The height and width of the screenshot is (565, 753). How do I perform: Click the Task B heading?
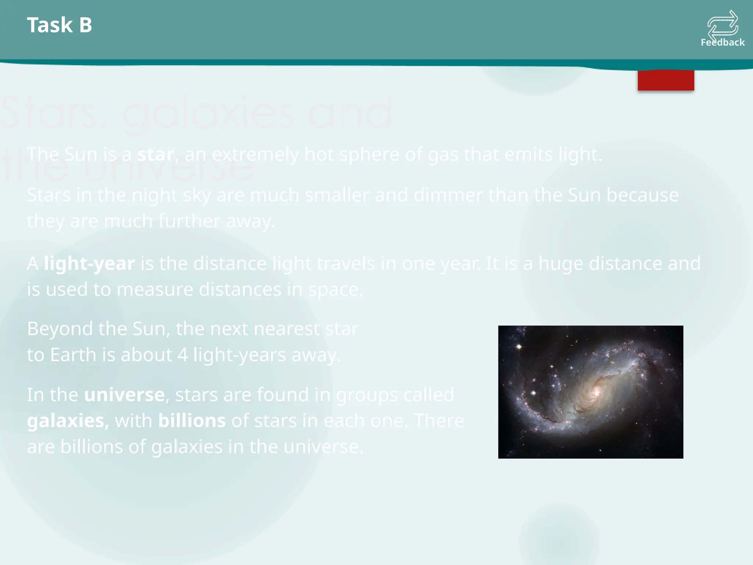[59, 25]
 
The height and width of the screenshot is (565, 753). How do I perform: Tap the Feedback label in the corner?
[722, 42]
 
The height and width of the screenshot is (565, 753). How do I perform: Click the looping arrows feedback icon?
[723, 24]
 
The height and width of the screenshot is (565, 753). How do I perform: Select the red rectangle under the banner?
[666, 80]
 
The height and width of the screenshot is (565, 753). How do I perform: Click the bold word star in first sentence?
[156, 154]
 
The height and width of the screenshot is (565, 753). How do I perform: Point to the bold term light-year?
[89, 263]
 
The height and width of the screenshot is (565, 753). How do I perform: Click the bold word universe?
[124, 395]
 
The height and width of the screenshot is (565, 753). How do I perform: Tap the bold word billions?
[192, 420]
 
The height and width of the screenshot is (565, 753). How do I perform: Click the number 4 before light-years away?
[182, 355]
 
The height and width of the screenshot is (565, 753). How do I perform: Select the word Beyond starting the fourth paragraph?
[60, 328]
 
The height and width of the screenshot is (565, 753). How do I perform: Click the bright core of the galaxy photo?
[595, 392]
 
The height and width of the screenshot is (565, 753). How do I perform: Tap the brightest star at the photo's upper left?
[519, 347]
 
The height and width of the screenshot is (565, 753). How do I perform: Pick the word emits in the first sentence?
[528, 154]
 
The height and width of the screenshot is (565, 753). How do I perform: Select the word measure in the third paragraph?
[155, 289]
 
